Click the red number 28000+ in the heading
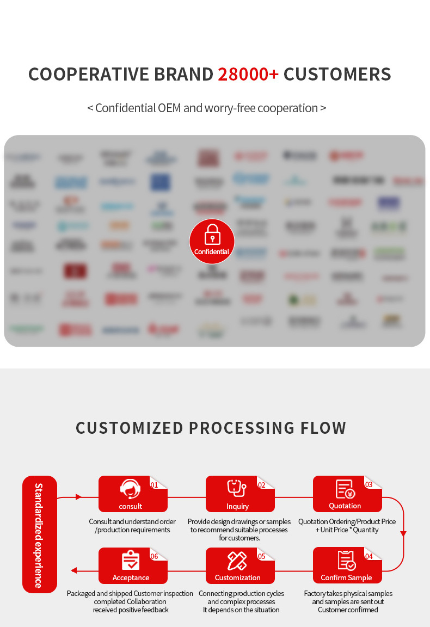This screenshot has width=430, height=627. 248,74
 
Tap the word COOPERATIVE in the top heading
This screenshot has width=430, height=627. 89,74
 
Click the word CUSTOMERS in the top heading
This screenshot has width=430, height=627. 337,74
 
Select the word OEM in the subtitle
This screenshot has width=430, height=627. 169,108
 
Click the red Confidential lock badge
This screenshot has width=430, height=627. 212,241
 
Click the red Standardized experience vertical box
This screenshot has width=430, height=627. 39,534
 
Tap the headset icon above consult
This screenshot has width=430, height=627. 130,489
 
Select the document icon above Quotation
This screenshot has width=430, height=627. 345,489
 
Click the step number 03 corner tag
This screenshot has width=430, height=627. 369,485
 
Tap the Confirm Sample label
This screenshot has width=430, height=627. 346,577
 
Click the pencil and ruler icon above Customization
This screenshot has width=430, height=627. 237,561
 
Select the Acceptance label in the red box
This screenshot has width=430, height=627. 131,577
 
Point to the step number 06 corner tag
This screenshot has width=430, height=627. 155,556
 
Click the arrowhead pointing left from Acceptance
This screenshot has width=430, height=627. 74,570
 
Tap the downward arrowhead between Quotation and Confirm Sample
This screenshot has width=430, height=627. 403,533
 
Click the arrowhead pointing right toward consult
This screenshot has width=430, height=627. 79,497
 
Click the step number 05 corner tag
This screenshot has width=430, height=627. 262,556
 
